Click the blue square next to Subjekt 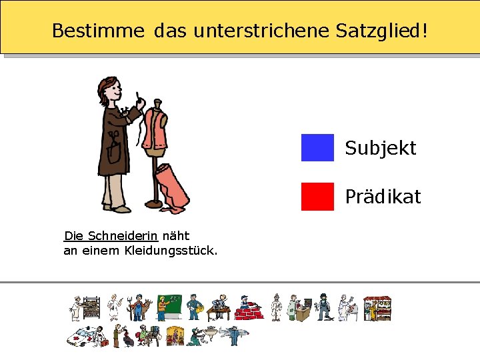point(317,148)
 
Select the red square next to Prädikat point(317,197)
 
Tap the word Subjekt point(380,148)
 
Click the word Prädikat point(383,197)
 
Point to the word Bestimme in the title point(98,31)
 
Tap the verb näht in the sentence point(176,236)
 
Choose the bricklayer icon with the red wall point(249,309)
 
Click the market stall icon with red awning point(376,309)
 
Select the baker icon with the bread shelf point(85,309)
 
